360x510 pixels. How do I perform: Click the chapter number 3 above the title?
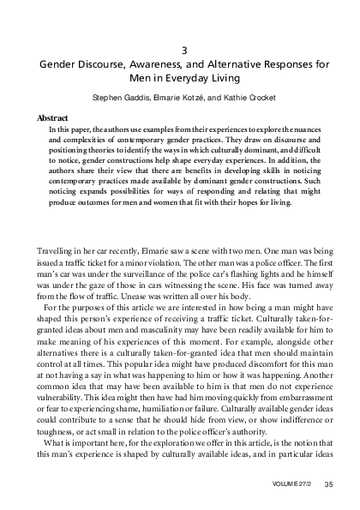click(181, 50)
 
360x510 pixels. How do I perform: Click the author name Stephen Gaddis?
click(117, 97)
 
